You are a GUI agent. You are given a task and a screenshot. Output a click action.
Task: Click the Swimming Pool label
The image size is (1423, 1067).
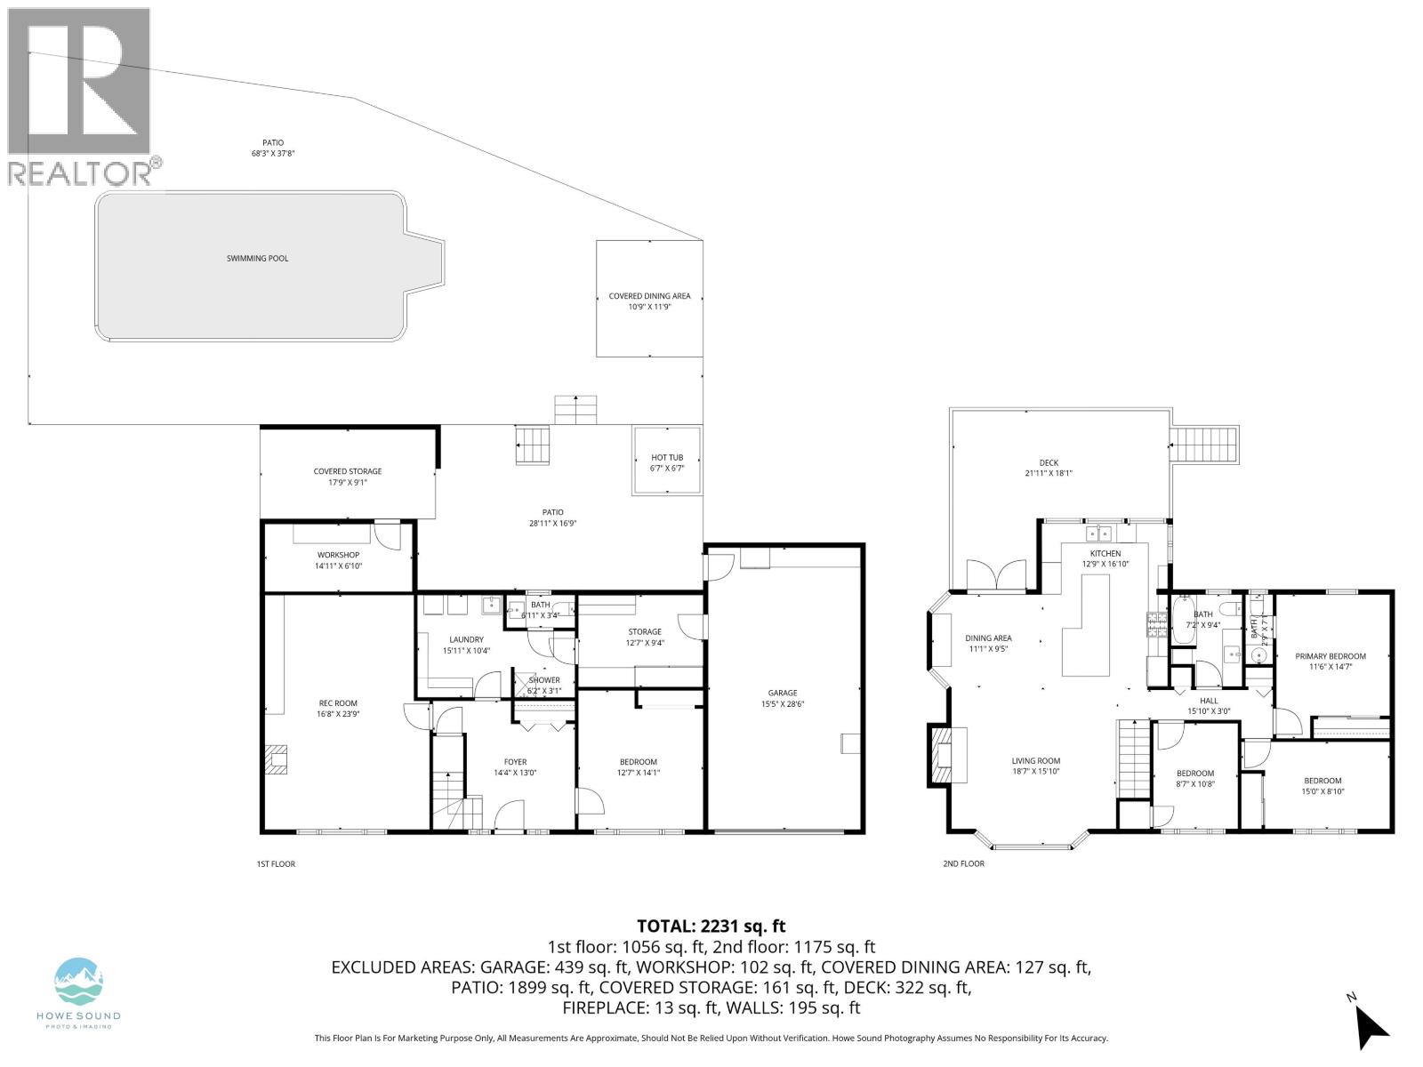257,259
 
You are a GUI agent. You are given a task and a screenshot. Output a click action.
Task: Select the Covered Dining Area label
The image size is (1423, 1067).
649,297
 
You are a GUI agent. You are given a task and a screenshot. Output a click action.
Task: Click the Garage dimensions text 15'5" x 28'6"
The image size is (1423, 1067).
783,704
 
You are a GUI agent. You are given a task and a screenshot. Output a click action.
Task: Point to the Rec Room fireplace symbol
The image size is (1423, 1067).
276,760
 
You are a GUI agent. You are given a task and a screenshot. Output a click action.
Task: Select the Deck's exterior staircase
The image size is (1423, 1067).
1203,443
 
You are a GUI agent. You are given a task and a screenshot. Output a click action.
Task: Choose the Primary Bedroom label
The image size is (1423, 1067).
1331,656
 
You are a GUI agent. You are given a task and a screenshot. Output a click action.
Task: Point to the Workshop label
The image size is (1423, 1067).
338,555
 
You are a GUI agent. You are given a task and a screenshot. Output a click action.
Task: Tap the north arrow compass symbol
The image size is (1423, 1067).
1370,1029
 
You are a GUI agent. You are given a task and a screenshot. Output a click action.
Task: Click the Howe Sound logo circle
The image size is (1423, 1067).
79,982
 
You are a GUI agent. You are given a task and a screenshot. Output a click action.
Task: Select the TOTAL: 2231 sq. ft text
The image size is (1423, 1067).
711,927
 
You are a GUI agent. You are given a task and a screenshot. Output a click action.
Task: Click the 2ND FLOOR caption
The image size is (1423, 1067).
963,863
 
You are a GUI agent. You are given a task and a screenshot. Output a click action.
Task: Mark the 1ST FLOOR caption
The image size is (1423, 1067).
276,863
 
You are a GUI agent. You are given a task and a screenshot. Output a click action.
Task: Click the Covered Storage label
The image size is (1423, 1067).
347,471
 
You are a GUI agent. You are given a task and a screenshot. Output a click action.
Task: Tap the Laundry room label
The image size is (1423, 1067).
466,639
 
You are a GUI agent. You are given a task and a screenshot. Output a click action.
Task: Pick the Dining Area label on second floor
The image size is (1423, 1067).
988,638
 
